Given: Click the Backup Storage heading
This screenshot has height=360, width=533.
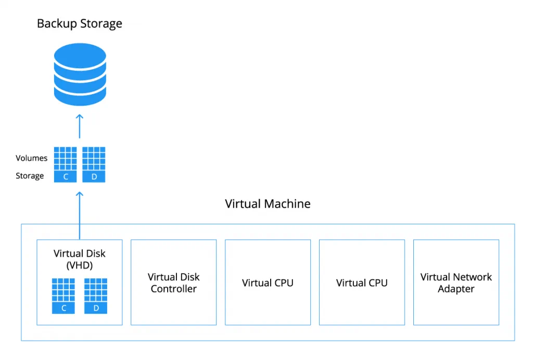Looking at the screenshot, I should [x=79, y=24].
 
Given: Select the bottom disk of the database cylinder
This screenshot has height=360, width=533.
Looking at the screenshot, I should [x=80, y=95].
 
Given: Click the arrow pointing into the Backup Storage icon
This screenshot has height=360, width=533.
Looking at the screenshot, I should [x=80, y=125].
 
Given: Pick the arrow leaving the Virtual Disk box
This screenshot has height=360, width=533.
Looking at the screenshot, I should [x=80, y=213].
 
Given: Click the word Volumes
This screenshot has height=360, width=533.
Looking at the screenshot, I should [x=31, y=158].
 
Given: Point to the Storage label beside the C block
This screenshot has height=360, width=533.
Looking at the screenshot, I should [x=30, y=176].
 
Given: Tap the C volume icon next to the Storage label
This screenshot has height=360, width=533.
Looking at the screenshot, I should [x=66, y=164].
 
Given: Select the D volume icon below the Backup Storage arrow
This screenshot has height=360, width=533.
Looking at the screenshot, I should [x=94, y=164].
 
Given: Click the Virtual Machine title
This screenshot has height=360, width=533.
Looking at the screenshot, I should [x=268, y=203].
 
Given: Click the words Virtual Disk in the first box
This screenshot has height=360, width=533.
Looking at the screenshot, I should [x=80, y=253].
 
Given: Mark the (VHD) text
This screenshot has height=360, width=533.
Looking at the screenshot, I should [x=80, y=265].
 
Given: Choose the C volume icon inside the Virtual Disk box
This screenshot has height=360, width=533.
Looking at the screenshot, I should [x=64, y=295].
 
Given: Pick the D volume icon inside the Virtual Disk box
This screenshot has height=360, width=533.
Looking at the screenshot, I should [x=96, y=295].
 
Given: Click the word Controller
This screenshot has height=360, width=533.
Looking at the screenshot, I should [x=173, y=289].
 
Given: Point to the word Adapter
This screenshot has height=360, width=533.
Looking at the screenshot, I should [x=456, y=289].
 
